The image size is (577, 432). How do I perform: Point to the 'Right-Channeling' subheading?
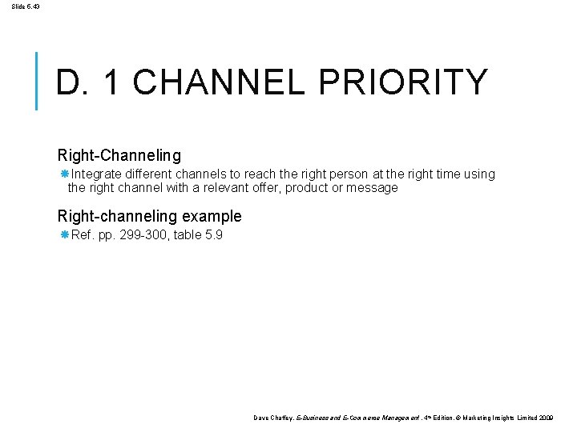coord(119,154)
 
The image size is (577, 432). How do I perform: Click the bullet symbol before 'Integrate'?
coord(65,174)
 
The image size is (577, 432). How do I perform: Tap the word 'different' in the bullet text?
coord(153,174)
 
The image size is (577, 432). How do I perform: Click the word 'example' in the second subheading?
coord(212,216)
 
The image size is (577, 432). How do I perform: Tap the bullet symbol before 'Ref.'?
coord(65,235)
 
